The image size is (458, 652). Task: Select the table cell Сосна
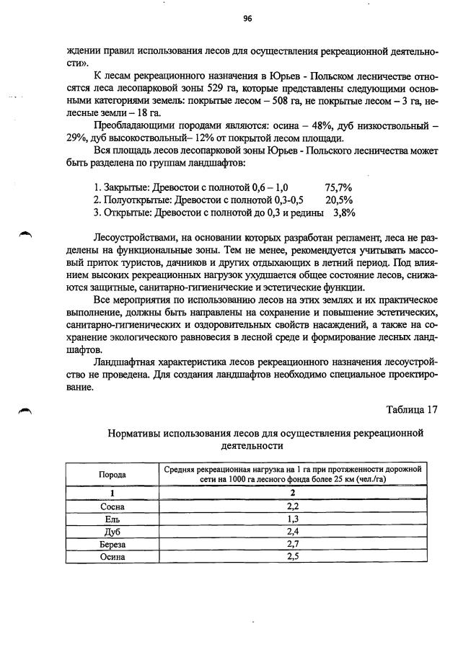[113, 506]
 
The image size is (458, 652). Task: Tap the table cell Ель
[113, 519]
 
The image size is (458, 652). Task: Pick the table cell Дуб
[113, 532]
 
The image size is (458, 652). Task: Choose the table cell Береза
[113, 544]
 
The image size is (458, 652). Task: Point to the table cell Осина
[113, 556]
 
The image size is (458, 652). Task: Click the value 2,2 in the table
[293, 506]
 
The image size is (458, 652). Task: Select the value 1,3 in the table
[293, 519]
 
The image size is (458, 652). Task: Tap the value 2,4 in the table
[293, 532]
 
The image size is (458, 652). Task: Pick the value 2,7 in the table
[293, 544]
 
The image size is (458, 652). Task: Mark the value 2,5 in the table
[293, 556]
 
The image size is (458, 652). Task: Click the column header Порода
[113, 475]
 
